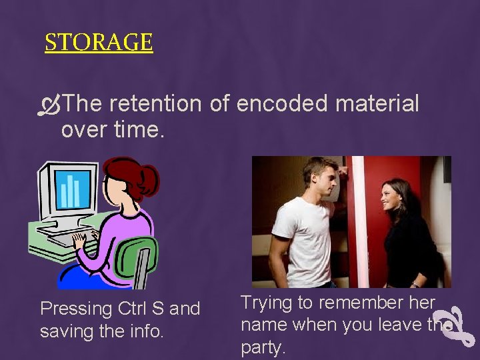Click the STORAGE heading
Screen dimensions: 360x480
coord(99,43)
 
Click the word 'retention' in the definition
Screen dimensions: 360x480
coord(154,104)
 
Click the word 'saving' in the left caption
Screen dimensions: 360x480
coord(67,331)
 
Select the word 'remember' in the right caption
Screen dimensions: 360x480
coord(363,303)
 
